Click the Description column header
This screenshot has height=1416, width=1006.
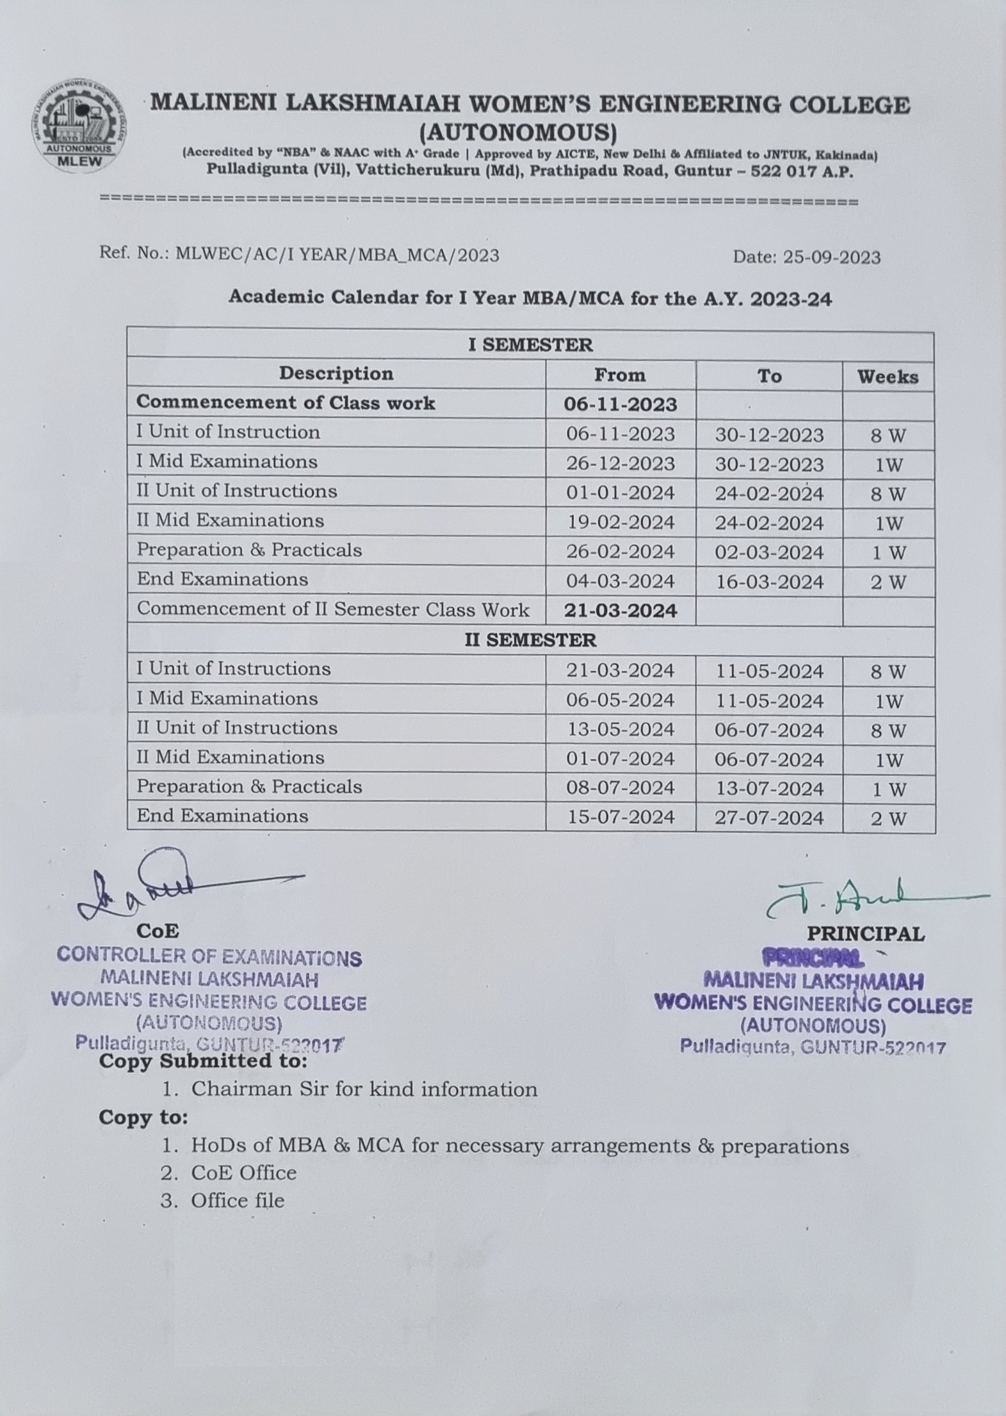pos(336,374)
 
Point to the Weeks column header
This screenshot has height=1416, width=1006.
pos(888,376)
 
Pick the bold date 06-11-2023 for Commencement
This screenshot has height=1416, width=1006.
pos(620,405)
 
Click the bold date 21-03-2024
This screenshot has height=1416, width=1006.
pos(620,611)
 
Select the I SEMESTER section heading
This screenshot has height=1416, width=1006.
pos(530,345)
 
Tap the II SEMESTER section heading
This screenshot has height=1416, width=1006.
pos(530,640)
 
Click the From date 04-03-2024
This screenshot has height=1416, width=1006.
pos(620,581)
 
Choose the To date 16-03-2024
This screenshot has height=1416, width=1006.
pos(769,582)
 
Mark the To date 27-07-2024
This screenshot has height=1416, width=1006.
pos(769,818)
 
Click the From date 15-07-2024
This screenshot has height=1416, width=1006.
pos(620,817)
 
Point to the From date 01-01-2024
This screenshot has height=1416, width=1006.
pos(620,493)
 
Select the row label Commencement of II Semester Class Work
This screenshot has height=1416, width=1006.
pos(333,609)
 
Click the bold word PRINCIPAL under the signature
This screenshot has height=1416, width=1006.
pos(865,934)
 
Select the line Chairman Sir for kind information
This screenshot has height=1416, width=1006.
pos(364,1089)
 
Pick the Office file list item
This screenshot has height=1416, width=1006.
pos(238,1200)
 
